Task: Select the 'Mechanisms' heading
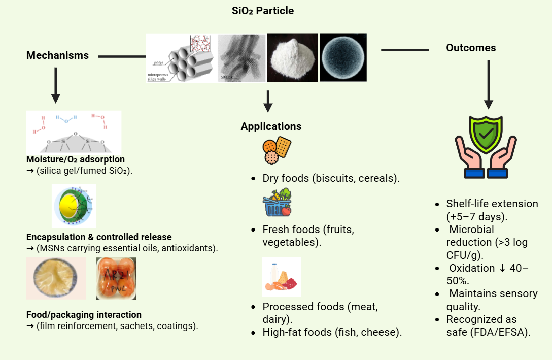click(57, 55)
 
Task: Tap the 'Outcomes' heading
click(471, 48)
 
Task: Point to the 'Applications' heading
click(271, 126)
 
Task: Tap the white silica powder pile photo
click(292, 57)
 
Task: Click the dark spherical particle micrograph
click(343, 57)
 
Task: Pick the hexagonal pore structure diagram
click(181, 57)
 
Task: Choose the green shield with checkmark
click(486, 134)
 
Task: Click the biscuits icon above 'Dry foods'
click(277, 150)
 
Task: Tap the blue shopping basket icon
click(277, 203)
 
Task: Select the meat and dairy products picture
click(281, 277)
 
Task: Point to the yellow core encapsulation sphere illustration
click(74, 206)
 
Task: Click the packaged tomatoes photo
click(116, 279)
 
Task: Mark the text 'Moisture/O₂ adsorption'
click(76, 159)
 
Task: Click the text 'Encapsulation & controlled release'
click(99, 237)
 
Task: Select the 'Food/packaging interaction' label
click(84, 315)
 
